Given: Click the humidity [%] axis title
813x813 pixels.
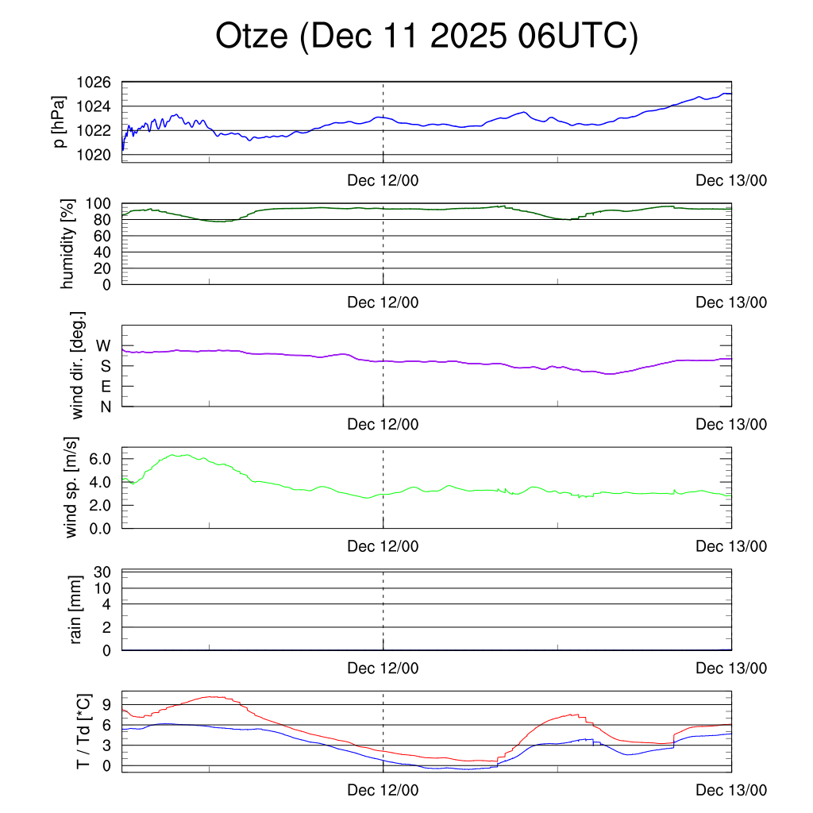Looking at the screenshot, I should [x=67, y=244].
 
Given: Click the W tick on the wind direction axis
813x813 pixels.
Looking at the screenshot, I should [x=103, y=346].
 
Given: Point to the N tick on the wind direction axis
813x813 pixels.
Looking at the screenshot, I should [x=105, y=406].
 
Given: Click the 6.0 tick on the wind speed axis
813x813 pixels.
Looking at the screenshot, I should [x=102, y=459].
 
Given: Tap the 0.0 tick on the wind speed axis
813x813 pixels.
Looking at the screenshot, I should [x=102, y=527].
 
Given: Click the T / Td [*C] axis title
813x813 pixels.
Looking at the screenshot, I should [x=83, y=731].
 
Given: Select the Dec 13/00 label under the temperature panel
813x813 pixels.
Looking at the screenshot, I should [x=731, y=791].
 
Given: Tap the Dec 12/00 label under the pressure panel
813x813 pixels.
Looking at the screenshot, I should [x=383, y=180].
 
